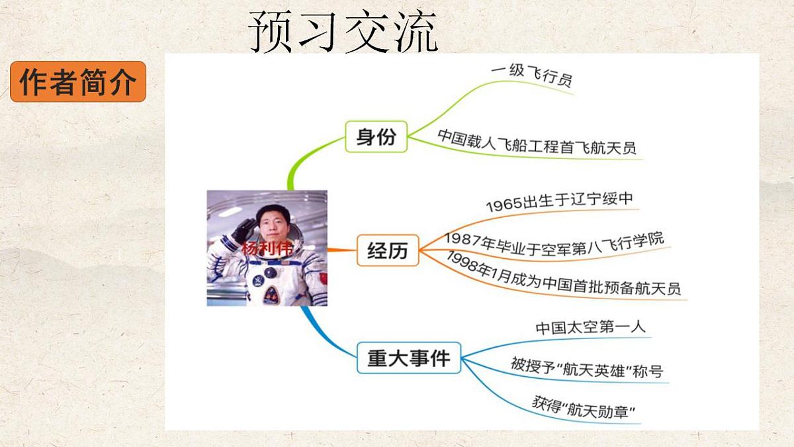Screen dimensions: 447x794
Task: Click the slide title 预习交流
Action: pos(343,32)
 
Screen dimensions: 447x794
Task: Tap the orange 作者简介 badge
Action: pos(78,82)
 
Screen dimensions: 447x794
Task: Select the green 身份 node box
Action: pos(376,137)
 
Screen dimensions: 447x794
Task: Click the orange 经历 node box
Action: pos(388,251)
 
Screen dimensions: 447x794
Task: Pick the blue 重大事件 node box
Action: pos(408,358)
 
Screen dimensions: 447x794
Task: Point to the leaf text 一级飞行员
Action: pos(531,75)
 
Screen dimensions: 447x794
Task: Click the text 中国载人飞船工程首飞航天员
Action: pos(537,142)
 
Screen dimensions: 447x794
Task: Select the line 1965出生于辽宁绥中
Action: pos(560,201)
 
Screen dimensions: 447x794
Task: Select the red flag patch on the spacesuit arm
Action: pos(323,273)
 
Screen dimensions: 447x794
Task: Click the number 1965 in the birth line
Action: pos(504,205)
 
